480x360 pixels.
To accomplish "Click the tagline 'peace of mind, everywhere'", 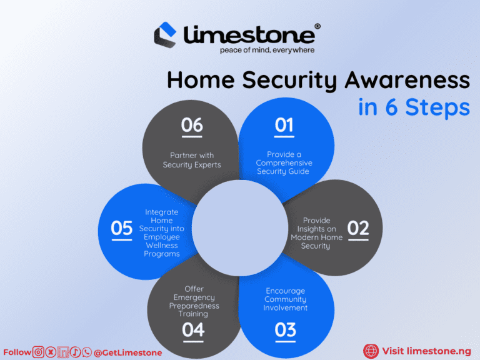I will click(x=267, y=49).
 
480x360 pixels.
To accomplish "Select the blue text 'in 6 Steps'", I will click(x=414, y=107).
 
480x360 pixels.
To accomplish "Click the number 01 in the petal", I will click(x=284, y=126).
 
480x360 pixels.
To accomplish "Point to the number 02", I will click(x=358, y=229).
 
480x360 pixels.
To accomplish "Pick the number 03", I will click(x=285, y=329).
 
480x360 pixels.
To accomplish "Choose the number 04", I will click(x=193, y=329).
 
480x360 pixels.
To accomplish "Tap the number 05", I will click(x=122, y=229).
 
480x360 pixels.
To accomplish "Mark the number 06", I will click(x=192, y=126).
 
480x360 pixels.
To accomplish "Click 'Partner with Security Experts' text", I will click(x=192, y=160).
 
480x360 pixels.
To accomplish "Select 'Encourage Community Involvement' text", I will click(x=285, y=299).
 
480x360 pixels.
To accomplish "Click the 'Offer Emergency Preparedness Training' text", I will click(x=194, y=301).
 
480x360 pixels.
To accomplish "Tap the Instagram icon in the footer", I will click(x=38, y=352).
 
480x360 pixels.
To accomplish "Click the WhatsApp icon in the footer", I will click(x=86, y=352).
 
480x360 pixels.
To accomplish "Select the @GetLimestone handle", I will click(x=127, y=352).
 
